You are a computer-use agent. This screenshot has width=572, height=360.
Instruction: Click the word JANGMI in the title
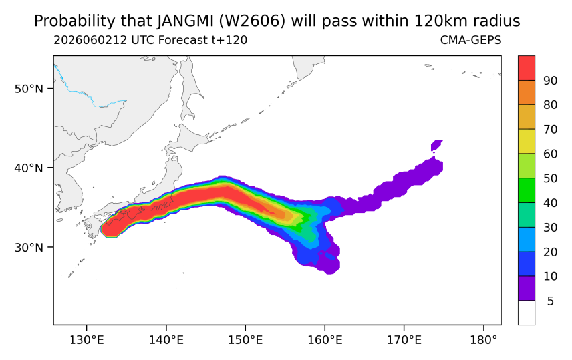[x=186, y=21]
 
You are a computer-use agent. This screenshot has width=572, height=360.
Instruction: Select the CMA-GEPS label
[x=471, y=40]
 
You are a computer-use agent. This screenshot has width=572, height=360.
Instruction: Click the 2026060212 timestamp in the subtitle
[x=90, y=40]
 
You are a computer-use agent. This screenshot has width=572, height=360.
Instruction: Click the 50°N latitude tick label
[x=29, y=89]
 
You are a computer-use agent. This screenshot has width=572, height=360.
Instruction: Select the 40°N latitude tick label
[x=29, y=168]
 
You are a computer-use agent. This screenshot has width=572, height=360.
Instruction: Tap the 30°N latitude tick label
[x=29, y=247]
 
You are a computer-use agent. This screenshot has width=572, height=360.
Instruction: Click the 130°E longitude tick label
[x=87, y=340]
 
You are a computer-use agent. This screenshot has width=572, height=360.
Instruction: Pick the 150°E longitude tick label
[x=245, y=340]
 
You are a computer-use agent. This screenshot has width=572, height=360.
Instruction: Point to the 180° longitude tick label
[x=484, y=340]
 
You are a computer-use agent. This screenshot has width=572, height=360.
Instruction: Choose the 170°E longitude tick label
[x=404, y=340]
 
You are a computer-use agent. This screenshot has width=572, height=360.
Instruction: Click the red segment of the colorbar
[x=527, y=68]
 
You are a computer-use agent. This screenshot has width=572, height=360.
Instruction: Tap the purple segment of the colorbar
[x=527, y=288]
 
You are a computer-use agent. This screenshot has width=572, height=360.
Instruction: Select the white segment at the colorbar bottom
[x=527, y=313]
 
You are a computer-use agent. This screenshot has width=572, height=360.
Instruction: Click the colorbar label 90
[x=551, y=81]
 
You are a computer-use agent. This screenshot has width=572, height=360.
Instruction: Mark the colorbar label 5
[x=551, y=301]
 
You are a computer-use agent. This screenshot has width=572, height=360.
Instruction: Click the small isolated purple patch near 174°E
[x=437, y=145]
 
